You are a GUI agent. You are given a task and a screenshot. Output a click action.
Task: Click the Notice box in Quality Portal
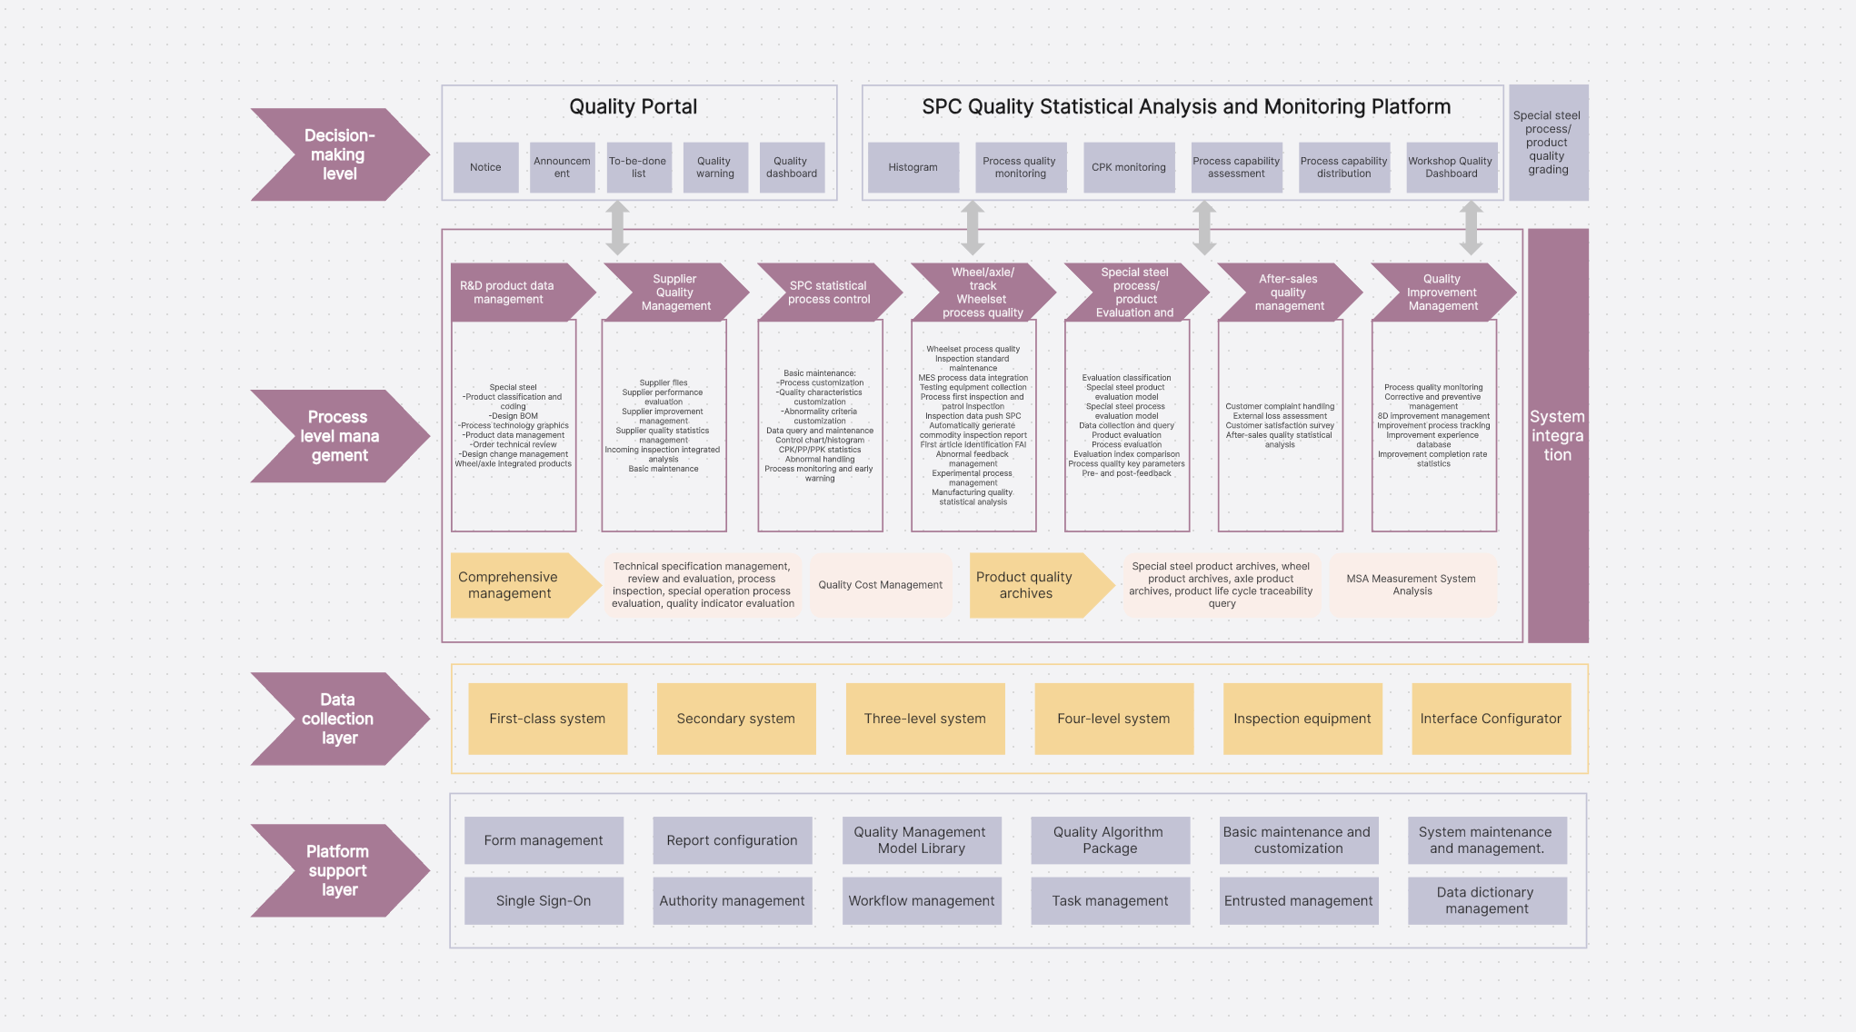[485, 167]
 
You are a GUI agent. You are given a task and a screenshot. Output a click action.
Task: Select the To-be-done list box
[638, 167]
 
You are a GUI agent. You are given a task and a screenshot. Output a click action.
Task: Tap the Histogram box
[913, 167]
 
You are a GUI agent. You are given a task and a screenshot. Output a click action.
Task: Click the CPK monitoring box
[1128, 167]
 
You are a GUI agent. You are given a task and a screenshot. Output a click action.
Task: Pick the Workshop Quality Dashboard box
[1451, 167]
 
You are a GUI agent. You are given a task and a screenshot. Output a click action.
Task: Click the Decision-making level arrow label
[337, 154]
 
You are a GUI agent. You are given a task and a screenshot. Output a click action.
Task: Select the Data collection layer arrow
[337, 719]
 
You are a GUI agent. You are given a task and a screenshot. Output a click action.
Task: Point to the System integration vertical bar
[1557, 435]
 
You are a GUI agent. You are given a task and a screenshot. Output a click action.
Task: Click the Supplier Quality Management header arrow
[674, 293]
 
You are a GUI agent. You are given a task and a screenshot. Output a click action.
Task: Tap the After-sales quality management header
[1288, 293]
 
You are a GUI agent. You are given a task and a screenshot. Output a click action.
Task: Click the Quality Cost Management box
[880, 585]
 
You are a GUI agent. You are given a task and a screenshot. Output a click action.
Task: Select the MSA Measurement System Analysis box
[1412, 585]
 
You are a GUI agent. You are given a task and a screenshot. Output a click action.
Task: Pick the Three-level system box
[924, 719]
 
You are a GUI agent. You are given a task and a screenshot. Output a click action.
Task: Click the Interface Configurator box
[1491, 719]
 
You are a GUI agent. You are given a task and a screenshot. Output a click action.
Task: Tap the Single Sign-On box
[544, 900]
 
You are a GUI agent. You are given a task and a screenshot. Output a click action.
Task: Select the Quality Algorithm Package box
[1109, 840]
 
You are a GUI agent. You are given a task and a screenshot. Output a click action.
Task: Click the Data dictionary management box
[1486, 900]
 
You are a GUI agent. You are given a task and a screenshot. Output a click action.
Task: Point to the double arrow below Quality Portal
[618, 227]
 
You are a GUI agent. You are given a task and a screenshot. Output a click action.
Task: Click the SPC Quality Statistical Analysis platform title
[1185, 107]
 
